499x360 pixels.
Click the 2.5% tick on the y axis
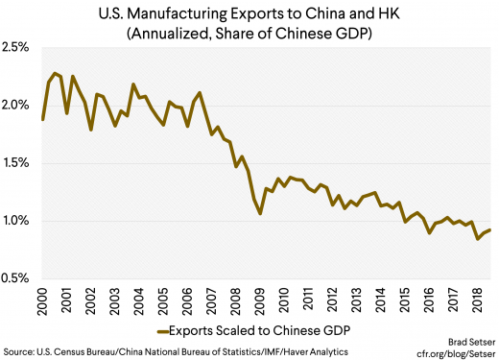pyautogui.click(x=19, y=46)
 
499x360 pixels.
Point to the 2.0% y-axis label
pyautogui.click(x=19, y=105)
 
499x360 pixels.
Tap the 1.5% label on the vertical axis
pyautogui.click(x=19, y=163)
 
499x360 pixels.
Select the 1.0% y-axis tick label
pyautogui.click(x=19, y=221)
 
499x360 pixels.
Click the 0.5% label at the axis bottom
pyautogui.click(x=19, y=279)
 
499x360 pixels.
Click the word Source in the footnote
pyautogui.click(x=19, y=352)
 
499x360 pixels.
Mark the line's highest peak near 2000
pyautogui.click(x=56, y=73)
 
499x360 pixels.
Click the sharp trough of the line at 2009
pyautogui.click(x=260, y=213)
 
